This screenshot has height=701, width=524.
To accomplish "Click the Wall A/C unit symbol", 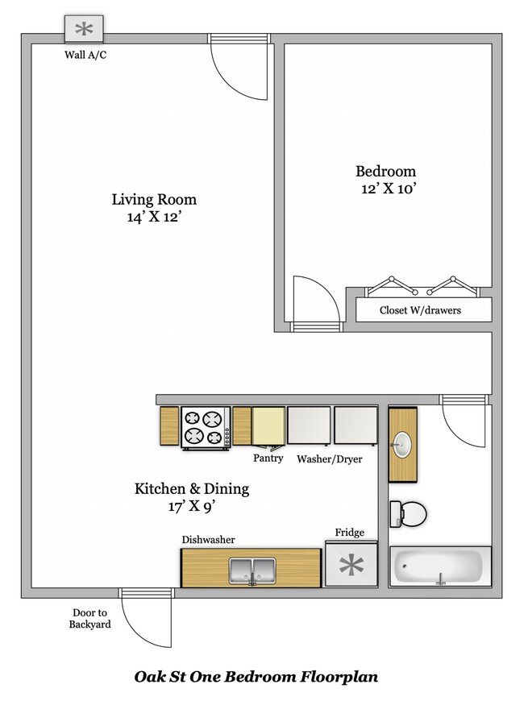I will pos(84,30).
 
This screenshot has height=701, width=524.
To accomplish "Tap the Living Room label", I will pos(154,200).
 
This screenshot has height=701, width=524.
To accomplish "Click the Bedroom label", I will pos(385,171).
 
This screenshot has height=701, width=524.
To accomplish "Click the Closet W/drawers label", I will pos(420,310).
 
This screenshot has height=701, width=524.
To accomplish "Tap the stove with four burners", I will pos(202,426).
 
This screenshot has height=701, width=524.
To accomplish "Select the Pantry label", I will pos(268,458).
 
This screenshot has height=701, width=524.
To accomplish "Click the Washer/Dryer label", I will pos(329,459).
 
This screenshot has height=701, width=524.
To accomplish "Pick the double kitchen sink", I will pos(252,569).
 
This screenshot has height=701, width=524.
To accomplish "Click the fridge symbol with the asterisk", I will pos(351,566).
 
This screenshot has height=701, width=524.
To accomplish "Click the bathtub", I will pos(440,567).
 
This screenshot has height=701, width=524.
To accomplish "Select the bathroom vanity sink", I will pos(402,444).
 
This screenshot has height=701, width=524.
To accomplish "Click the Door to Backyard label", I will pos(89,618).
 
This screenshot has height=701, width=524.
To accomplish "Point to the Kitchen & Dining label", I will pos(191,488).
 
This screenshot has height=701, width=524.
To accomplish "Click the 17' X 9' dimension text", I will pos(191,507).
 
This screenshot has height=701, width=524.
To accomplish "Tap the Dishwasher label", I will pos(208,540).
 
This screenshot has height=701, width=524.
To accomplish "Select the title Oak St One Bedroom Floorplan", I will pos(256,677).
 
